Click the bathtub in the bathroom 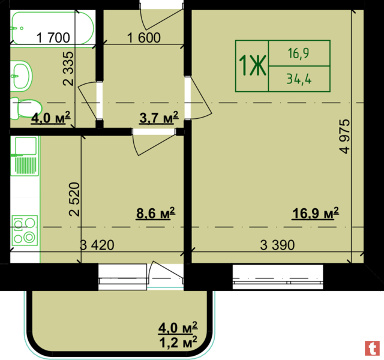click(52, 28)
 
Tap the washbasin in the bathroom click(22, 76)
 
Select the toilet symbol click(26, 108)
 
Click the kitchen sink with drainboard click(25, 156)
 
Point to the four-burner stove click(25, 230)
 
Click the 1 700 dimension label click(53, 38)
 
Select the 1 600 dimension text click(144, 38)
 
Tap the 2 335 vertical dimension click(68, 68)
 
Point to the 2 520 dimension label click(74, 199)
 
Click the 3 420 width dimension click(97, 245)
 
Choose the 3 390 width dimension click(277, 245)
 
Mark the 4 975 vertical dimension click(344, 136)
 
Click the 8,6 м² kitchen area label click(156, 213)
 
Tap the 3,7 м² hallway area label click(159, 118)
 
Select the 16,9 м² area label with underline click(316, 213)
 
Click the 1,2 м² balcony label click(178, 342)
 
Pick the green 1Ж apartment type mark click(252, 65)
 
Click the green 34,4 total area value click(299, 79)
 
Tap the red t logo click(372, 348)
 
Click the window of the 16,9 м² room click(278, 277)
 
